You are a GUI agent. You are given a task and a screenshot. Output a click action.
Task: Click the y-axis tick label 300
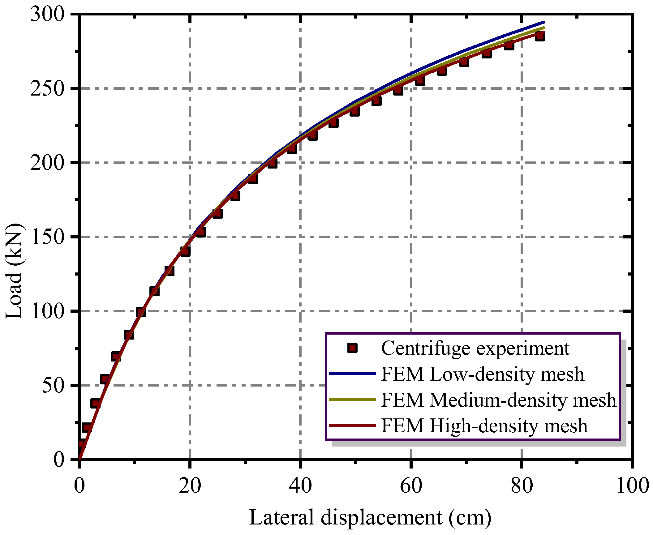point(47,14)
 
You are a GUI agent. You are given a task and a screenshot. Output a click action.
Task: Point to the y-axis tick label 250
point(47,88)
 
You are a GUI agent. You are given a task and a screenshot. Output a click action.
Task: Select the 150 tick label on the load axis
point(47,237)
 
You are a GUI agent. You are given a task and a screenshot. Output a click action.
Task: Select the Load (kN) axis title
point(14,271)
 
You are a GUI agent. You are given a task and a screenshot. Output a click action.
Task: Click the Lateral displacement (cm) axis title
point(370,517)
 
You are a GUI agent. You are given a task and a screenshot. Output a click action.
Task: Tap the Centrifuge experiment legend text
point(475,348)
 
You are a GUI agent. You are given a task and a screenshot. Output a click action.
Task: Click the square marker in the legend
point(352,348)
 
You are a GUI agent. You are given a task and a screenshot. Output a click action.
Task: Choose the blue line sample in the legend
point(352,374)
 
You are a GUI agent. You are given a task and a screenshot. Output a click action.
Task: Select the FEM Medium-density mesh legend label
point(499,400)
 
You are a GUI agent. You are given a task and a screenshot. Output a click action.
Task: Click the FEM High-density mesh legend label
point(484,426)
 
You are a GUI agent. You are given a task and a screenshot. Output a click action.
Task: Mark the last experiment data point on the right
point(540,36)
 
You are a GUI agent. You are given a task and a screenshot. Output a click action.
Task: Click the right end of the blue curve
point(544,22)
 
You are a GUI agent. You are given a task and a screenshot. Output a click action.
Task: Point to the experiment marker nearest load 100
point(140,312)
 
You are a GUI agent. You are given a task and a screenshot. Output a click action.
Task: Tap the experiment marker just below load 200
point(272,163)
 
